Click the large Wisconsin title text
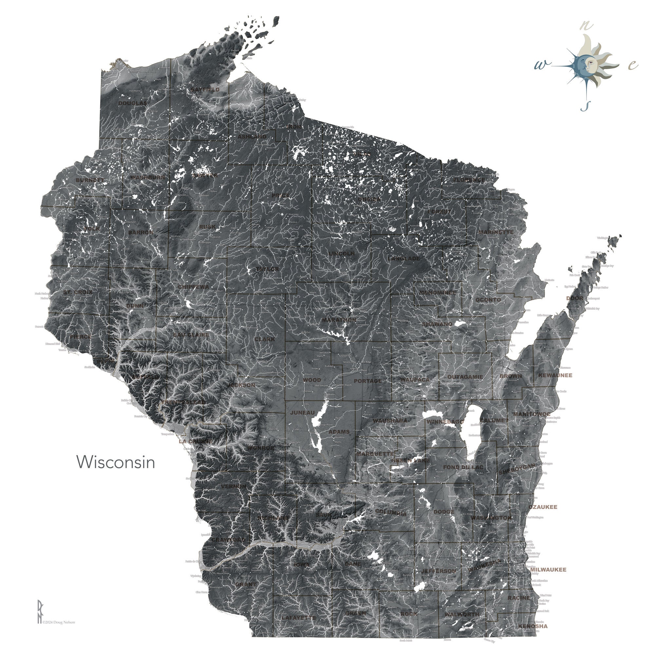[x=116, y=462]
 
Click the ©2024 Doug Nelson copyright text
[x=59, y=622]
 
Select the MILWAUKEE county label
[x=548, y=570]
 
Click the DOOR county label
[x=575, y=298]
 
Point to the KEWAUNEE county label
[x=555, y=375]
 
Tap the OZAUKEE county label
[x=543, y=507]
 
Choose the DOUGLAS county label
[x=133, y=103]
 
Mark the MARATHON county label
[x=339, y=320]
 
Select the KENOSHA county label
[x=533, y=626]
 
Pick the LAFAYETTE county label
[x=299, y=618]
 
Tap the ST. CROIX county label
[x=78, y=292]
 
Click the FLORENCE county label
[x=469, y=180]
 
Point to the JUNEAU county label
[x=302, y=413]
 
